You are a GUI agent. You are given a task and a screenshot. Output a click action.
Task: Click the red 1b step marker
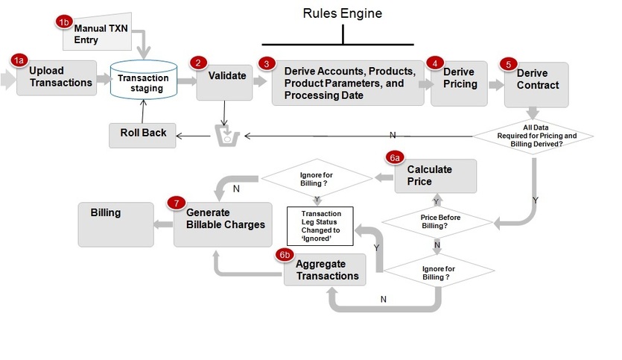click(64, 22)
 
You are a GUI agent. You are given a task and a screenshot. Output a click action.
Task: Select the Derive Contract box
click(536, 83)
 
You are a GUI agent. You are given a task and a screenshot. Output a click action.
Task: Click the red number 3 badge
click(266, 64)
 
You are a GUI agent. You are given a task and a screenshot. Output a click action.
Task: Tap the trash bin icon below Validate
click(225, 136)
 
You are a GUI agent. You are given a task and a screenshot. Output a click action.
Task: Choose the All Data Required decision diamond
click(534, 136)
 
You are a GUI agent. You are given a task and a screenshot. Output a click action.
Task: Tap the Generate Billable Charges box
click(219, 224)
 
